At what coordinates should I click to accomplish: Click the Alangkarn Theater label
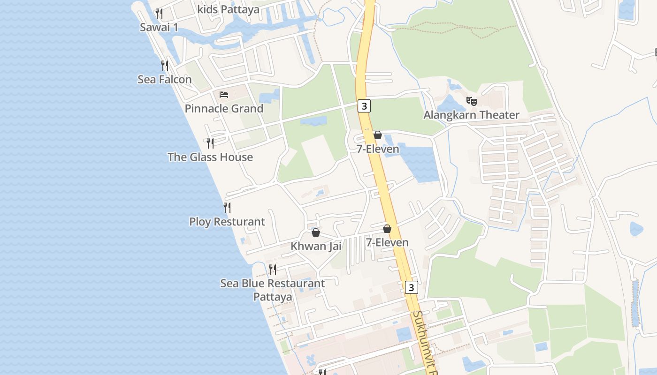[x=471, y=115]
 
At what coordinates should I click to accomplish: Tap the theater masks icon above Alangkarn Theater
[x=471, y=101]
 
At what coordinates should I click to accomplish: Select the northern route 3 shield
[x=364, y=106]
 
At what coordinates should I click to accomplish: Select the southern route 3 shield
[x=411, y=287]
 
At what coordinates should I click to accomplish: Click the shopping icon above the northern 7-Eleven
[x=378, y=135]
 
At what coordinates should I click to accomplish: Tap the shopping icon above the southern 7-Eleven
[x=387, y=229]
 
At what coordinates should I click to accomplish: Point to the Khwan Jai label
[x=316, y=246]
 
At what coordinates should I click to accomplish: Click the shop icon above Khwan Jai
[x=316, y=232]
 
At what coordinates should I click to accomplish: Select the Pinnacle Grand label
[x=224, y=109]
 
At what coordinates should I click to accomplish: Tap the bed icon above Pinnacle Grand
[x=224, y=95]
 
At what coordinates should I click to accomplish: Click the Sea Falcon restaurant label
[x=164, y=80]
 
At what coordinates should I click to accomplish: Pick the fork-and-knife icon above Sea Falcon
[x=164, y=65]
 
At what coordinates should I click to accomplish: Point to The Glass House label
[x=210, y=157]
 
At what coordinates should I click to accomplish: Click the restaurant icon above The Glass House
[x=210, y=143]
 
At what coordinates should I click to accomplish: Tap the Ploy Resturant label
[x=227, y=222]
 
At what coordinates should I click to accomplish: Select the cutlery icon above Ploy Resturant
[x=227, y=207]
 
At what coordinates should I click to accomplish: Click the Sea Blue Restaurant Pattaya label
[x=273, y=290]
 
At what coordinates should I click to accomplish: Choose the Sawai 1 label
[x=159, y=27]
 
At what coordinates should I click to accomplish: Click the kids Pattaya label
[x=228, y=9]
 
